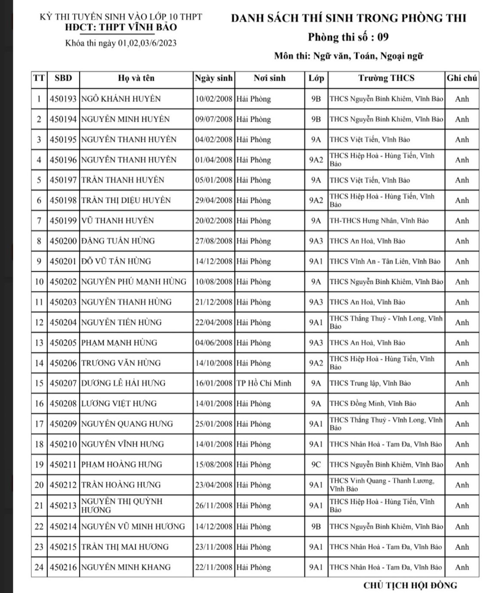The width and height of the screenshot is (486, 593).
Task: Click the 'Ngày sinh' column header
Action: (x=213, y=78)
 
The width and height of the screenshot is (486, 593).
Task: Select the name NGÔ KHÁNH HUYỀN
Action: (x=121, y=99)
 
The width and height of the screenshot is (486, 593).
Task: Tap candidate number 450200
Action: (x=63, y=241)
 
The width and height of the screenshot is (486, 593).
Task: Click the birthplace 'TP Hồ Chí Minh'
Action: (x=264, y=383)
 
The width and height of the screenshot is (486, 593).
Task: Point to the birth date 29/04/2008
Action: (x=213, y=200)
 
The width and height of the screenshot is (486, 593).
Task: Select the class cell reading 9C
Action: (x=316, y=465)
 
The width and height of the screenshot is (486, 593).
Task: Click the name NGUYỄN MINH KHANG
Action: (x=126, y=567)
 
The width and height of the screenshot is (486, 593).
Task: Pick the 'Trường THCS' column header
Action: (x=386, y=78)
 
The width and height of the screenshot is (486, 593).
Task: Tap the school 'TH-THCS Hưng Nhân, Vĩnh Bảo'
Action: (x=379, y=221)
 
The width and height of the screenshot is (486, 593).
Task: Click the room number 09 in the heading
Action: (x=383, y=37)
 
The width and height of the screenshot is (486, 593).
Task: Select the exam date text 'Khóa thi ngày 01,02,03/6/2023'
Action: (x=121, y=43)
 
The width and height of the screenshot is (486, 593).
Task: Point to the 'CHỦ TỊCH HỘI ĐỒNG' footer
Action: (x=410, y=585)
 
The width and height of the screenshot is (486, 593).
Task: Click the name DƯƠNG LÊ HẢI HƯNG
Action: (x=123, y=383)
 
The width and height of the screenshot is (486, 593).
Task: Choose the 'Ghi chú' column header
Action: (x=461, y=78)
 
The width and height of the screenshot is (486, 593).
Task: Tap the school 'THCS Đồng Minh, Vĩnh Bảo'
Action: (x=372, y=404)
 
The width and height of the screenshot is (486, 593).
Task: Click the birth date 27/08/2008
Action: (x=213, y=241)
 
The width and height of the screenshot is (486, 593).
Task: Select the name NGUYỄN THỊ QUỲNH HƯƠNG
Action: (x=122, y=506)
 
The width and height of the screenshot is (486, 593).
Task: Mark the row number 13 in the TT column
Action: (x=39, y=343)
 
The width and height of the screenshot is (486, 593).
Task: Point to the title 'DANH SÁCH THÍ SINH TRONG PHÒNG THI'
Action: (x=348, y=18)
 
